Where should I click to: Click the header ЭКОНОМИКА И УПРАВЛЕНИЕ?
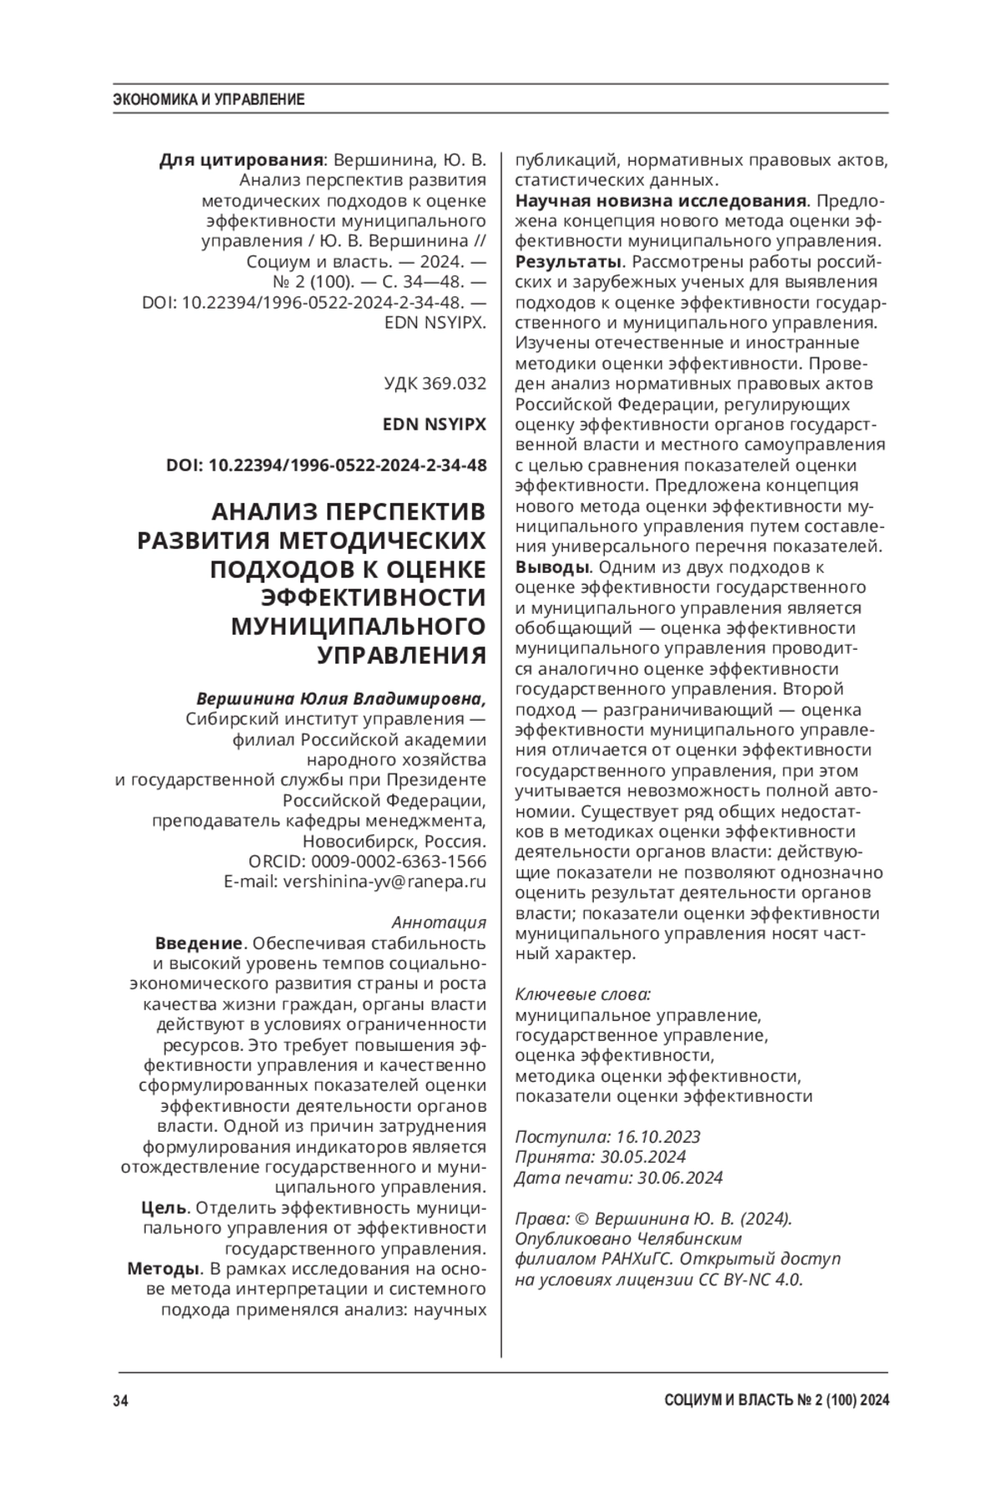point(209,100)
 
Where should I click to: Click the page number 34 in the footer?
point(120,1401)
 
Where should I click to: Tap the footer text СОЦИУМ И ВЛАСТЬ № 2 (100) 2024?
point(777,1401)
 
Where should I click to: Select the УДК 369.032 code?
point(435,384)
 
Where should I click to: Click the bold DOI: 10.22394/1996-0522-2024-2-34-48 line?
point(326,465)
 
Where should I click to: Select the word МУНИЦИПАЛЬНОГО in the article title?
point(359,626)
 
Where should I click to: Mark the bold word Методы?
point(163,1270)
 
